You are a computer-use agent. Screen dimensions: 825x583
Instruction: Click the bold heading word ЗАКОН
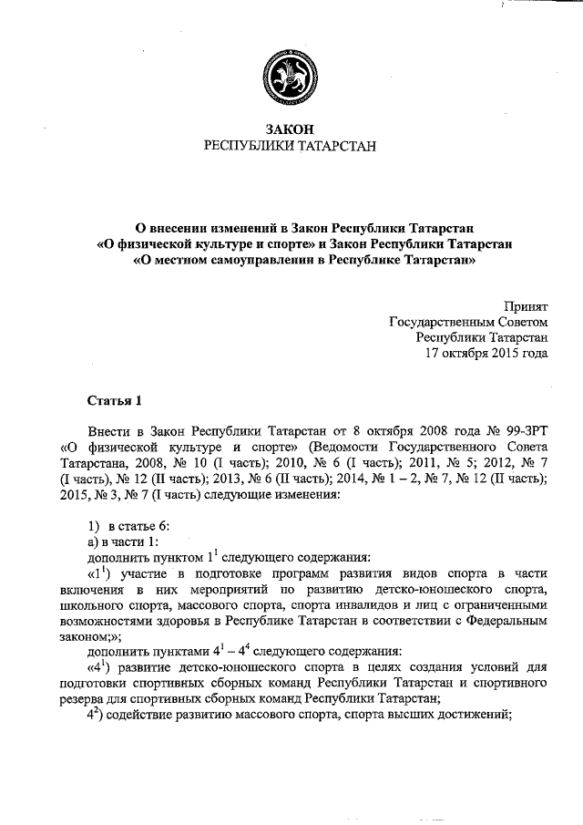tap(291, 131)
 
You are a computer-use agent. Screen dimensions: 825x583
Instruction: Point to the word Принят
tap(527, 307)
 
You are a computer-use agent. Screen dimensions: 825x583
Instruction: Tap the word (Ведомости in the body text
tap(345, 447)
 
